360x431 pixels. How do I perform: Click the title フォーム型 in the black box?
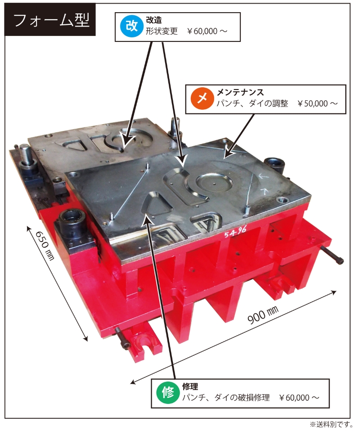click(51, 20)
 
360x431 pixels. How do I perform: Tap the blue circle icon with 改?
click(131, 27)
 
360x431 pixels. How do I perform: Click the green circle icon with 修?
click(167, 393)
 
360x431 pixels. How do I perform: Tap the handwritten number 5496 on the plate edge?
click(235, 233)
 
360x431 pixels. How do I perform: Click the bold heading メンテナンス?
click(240, 92)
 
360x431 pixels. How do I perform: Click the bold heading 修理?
click(190, 387)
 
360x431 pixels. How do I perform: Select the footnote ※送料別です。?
click(331, 424)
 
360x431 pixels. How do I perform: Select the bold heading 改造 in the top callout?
click(154, 20)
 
